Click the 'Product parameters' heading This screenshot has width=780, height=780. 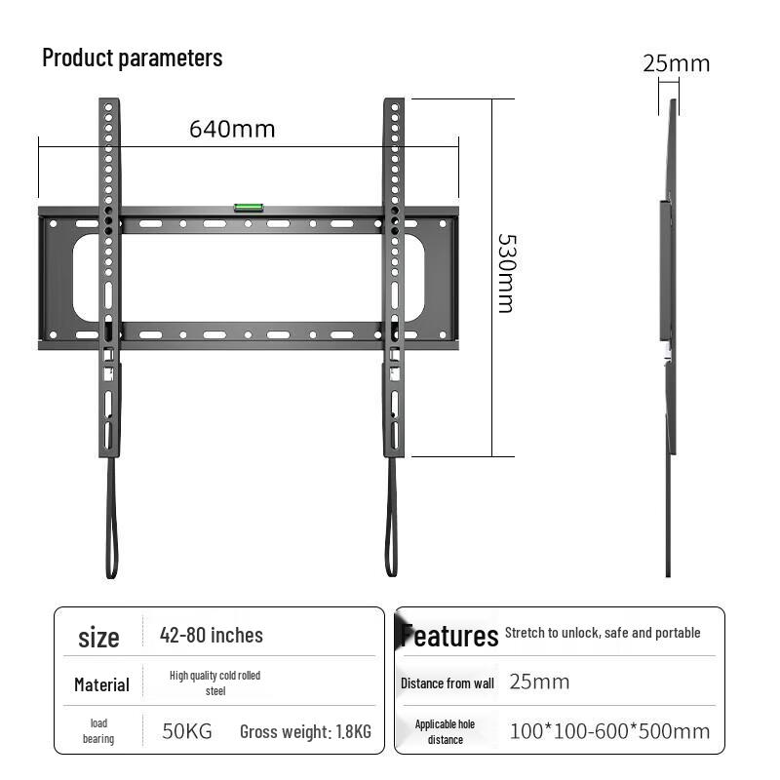133,58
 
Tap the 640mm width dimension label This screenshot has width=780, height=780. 232,129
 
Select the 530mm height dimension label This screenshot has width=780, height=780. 505,272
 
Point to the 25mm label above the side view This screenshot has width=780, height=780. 676,64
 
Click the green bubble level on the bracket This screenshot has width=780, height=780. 248,206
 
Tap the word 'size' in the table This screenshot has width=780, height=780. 98,638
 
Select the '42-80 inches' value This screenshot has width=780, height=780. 212,636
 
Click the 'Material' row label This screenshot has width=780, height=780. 101,684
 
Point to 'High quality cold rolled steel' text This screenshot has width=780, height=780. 214,682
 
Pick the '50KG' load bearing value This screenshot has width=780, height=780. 186,731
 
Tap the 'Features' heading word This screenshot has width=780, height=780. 449,637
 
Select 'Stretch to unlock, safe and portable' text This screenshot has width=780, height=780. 603,633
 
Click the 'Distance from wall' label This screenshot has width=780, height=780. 447,683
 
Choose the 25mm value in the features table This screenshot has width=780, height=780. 539,682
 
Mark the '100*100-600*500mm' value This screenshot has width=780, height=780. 609,731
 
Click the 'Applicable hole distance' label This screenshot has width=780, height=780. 445,731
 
